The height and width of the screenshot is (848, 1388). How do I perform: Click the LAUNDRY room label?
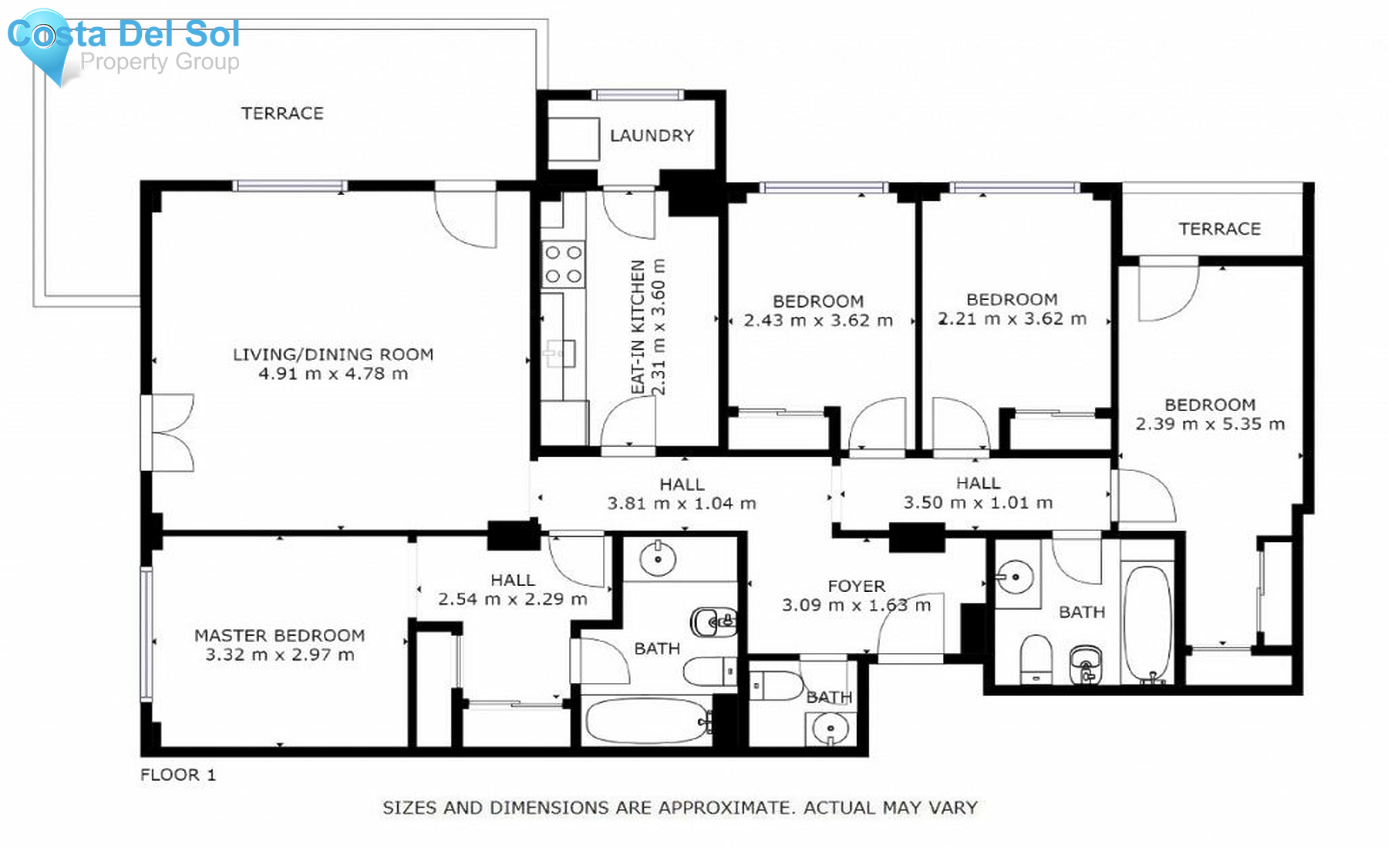pos(652,136)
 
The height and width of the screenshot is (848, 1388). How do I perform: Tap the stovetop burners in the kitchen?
pos(563,264)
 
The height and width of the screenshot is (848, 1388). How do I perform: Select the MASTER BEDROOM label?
pos(279,635)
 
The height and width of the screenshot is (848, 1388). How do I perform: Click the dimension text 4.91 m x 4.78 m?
pos(333,374)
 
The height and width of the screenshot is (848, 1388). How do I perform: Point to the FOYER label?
pos(856,586)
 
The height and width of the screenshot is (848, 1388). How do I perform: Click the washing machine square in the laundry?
pos(573,139)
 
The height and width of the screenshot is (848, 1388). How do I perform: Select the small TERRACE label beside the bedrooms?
pos(1219,229)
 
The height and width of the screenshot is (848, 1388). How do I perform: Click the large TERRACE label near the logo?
pos(282,113)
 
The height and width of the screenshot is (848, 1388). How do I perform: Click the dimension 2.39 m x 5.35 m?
pos(1210,424)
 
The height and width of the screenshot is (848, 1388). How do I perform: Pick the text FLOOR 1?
pos(178,775)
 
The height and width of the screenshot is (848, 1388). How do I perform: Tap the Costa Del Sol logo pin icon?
pos(44,39)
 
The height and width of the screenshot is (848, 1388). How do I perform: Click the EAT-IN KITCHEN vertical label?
pos(638,328)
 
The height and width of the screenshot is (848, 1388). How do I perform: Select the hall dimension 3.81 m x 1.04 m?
pos(682,503)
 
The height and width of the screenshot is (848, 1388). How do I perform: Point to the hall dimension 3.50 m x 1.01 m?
pos(978,503)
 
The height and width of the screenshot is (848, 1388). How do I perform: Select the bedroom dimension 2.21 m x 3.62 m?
pos(1012,319)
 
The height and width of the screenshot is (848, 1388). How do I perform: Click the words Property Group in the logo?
pos(160,62)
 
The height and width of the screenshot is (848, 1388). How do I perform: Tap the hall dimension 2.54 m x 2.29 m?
pos(512,599)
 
